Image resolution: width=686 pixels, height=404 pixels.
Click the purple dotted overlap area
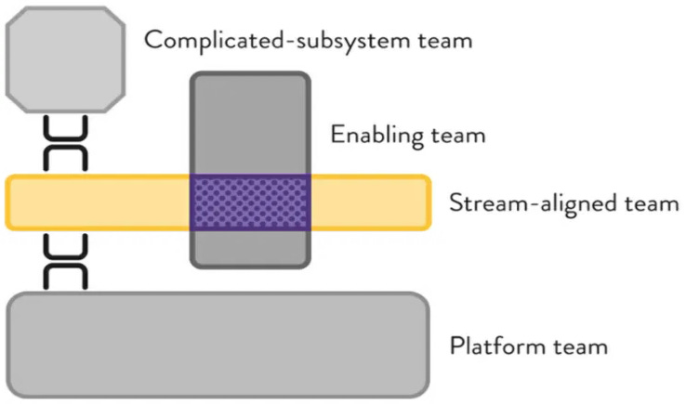[x=250, y=202]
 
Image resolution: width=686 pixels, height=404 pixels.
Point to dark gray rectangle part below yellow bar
[x=250, y=247]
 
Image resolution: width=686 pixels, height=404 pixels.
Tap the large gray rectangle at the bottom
[x=218, y=344]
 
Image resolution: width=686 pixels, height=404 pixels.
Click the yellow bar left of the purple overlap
[x=98, y=202]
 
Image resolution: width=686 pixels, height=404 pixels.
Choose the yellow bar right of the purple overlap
[x=369, y=202]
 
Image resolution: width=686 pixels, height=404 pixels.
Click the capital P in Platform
[x=456, y=347]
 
